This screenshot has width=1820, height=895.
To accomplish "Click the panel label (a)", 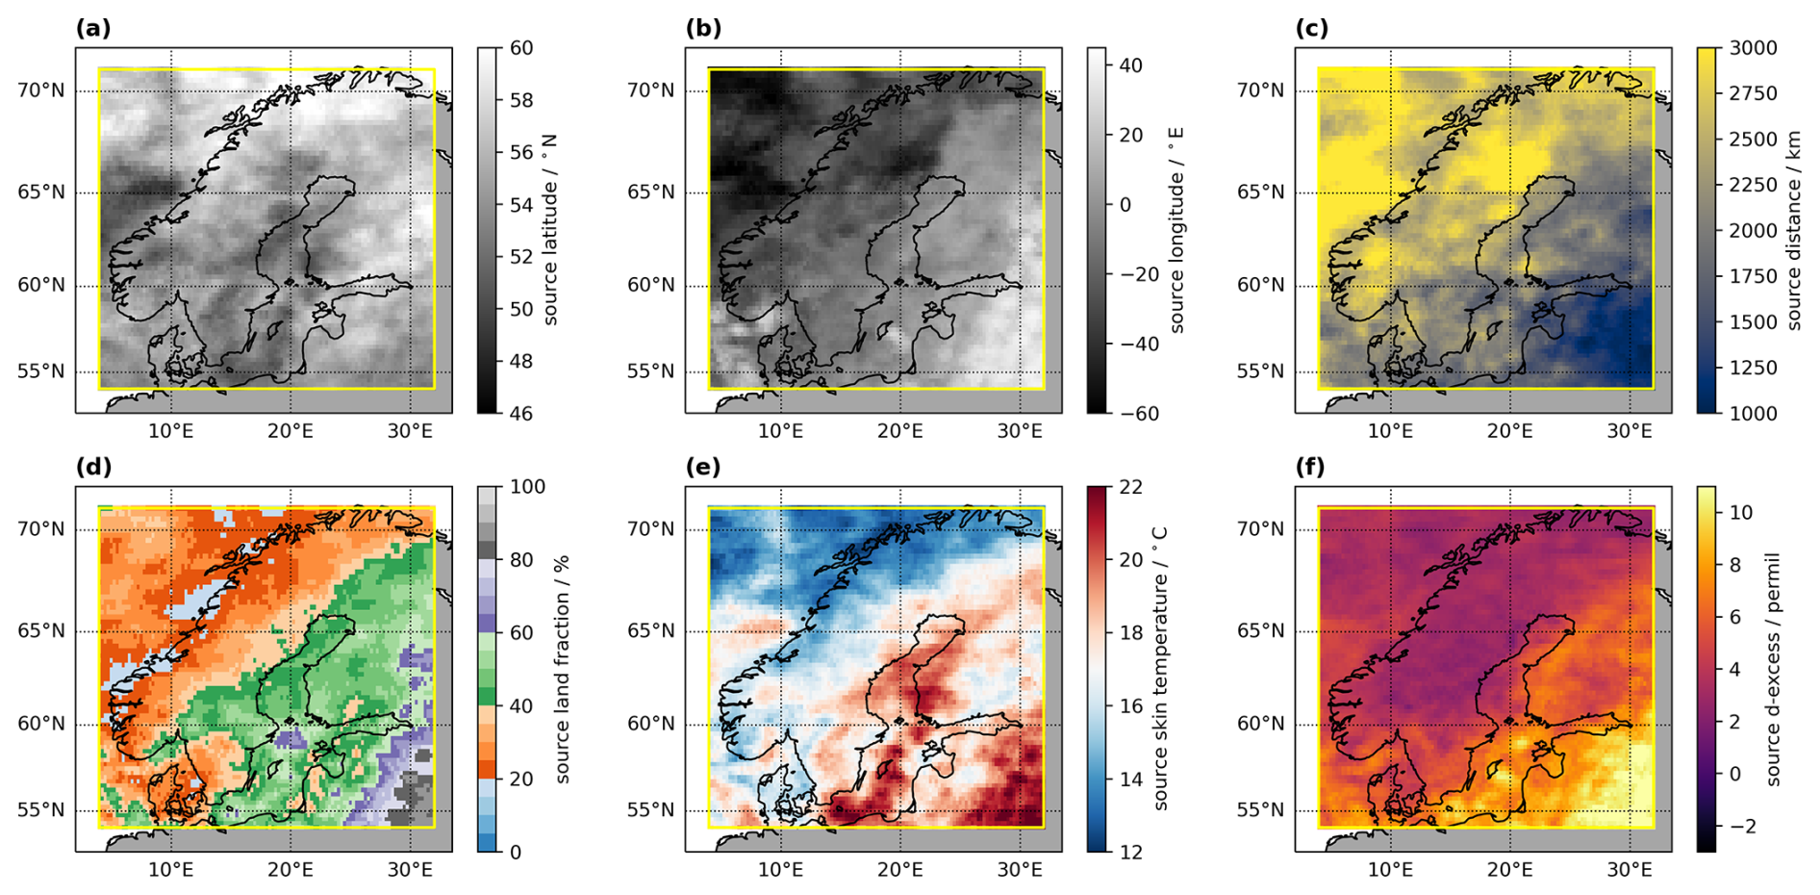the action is click(93, 29).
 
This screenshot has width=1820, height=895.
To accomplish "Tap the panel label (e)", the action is click(703, 468).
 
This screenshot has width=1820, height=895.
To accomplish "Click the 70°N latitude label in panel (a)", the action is click(41, 90).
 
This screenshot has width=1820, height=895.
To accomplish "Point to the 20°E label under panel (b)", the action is click(900, 431).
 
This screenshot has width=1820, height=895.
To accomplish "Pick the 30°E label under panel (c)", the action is click(1630, 431).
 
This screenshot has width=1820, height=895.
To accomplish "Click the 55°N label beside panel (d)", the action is click(41, 810).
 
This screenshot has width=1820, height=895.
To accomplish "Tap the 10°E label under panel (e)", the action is click(781, 870).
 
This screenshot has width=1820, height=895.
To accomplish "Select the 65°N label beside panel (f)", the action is click(1261, 631).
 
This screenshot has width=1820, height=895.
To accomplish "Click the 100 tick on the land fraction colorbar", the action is click(527, 487).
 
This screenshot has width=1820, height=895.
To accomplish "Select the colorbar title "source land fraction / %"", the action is click(563, 670).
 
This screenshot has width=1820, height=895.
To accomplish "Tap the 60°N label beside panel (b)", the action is click(651, 286).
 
